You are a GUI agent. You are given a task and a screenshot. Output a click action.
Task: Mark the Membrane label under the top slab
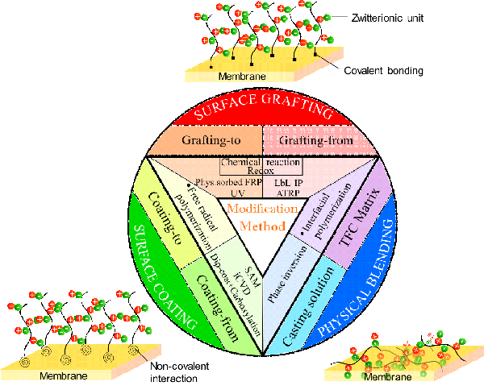click(242, 77)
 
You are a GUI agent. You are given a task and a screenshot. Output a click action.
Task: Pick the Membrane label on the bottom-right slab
click(384, 377)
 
